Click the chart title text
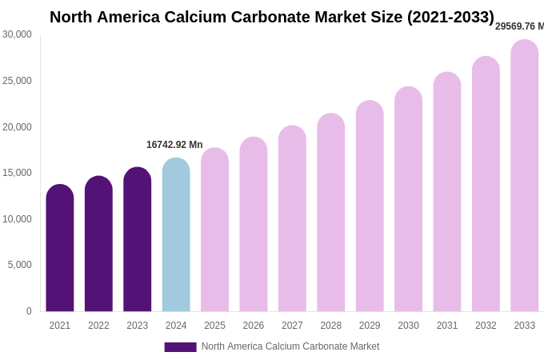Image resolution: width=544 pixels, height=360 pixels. [x=272, y=17]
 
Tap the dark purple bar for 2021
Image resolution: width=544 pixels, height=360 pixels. [x=60, y=248]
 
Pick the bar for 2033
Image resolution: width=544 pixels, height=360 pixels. [x=525, y=176]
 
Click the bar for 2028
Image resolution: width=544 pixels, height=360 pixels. [x=331, y=212]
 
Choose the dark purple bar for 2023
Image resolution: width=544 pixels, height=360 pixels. [x=138, y=239]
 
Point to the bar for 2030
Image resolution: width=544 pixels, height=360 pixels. [x=408, y=199]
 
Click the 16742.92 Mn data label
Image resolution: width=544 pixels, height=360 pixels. [x=174, y=145]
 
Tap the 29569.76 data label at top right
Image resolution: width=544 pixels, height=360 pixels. [x=519, y=26]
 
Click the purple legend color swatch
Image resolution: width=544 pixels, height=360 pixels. [x=180, y=347]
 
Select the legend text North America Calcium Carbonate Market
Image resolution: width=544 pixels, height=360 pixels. [x=290, y=346]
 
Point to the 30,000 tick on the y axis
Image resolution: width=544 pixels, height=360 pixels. [x=17, y=34]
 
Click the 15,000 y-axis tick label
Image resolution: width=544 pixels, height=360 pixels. [x=17, y=173]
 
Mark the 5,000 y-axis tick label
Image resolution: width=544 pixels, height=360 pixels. [x=19, y=265]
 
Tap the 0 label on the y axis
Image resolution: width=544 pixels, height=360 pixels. [x=29, y=311]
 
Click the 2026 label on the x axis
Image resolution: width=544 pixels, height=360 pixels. [x=254, y=326]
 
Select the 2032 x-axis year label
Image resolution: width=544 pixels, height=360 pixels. [x=486, y=326]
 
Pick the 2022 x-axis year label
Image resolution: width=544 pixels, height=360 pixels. [x=98, y=326]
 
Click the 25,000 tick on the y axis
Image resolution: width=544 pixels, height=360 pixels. [x=17, y=81]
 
